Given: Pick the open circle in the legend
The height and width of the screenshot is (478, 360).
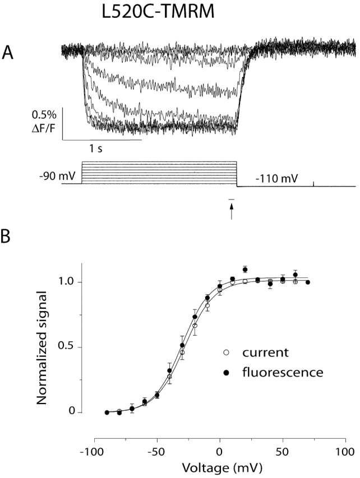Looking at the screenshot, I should coord(227,352).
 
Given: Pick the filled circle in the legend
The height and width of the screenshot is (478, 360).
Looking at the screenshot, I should coord(227,371).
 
